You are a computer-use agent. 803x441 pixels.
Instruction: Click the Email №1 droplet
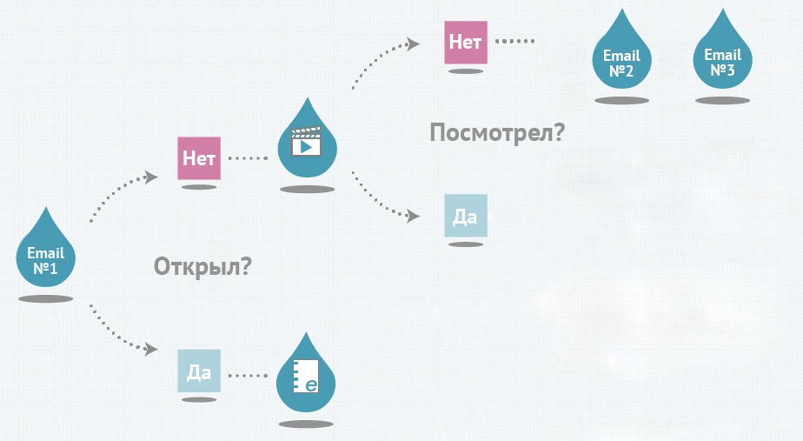coord(46,256)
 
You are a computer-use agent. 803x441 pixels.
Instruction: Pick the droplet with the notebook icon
coord(305,378)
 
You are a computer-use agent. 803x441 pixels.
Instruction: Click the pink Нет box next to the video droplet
coord(199,158)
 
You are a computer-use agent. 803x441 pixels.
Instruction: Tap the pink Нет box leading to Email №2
coord(466,42)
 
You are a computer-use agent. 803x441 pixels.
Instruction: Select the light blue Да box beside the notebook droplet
coord(199,371)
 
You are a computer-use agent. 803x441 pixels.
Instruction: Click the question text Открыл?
coord(202,266)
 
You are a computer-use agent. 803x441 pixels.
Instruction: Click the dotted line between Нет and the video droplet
coord(249,158)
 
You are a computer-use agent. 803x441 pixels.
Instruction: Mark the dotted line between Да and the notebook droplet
coord(249,376)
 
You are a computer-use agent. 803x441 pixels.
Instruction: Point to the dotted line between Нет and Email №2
coord(515,42)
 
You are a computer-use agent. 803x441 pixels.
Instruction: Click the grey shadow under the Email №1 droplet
coord(46,299)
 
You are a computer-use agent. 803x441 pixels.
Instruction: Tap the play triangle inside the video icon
coord(305,146)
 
